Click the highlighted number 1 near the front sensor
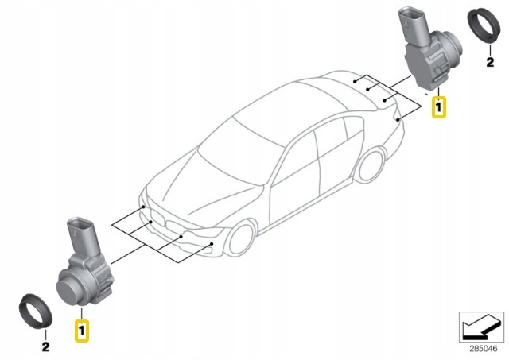click(81, 331)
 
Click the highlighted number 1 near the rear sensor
click(438, 106)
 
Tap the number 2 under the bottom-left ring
click(46, 346)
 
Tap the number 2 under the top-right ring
click(490, 62)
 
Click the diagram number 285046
click(484, 349)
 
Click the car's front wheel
click(241, 238)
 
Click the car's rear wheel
click(370, 165)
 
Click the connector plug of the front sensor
click(83, 235)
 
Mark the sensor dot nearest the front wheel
click(212, 243)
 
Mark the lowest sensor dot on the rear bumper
click(398, 120)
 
